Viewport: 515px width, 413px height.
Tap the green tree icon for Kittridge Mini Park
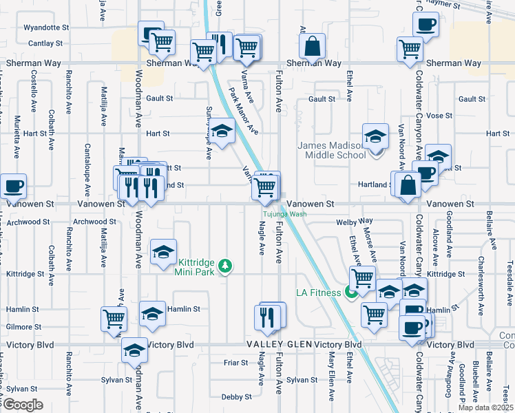point(224,266)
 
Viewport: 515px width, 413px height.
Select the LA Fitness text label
point(319,293)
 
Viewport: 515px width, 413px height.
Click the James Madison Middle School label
point(331,150)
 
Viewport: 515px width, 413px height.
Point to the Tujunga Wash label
point(283,214)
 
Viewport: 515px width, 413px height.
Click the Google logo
point(23,405)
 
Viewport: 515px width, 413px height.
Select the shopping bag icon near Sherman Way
point(312,47)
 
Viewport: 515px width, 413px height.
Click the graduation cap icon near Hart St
point(222,132)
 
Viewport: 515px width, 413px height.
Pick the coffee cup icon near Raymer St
point(425,25)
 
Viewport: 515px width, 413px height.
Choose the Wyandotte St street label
point(47,28)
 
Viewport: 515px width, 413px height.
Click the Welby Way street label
point(354,222)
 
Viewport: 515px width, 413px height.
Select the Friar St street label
point(235,362)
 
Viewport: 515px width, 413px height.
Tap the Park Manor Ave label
point(243,111)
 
